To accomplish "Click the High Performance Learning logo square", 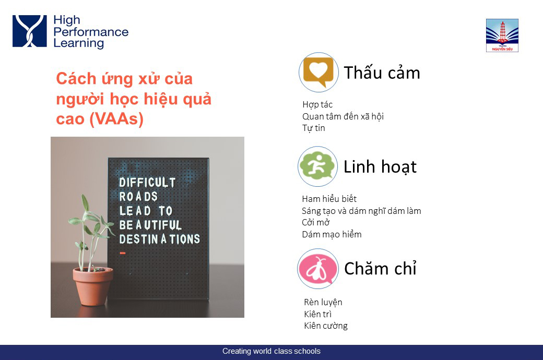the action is point(29,31).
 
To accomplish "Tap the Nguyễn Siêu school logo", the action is point(502,35).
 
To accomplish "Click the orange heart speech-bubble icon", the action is point(318,73).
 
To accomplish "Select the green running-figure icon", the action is point(318,166).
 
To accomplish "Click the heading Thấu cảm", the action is point(382,73).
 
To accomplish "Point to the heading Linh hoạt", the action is point(380,167).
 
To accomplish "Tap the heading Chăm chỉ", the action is point(380,268).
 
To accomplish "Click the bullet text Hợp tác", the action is point(317,104).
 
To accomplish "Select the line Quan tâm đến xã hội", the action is point(343,116).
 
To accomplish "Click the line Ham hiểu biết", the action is point(329,199).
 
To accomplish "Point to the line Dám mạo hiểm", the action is point(332,234).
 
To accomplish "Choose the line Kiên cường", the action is point(326,326).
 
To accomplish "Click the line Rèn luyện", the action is point(323,302).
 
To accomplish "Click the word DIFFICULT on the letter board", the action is point(147,183).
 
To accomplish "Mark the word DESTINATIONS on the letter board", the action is point(159,239).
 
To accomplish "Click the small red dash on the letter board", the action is point(122,254).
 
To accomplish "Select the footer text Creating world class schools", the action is point(271,351).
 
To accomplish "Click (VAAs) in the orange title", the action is point(116,119).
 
